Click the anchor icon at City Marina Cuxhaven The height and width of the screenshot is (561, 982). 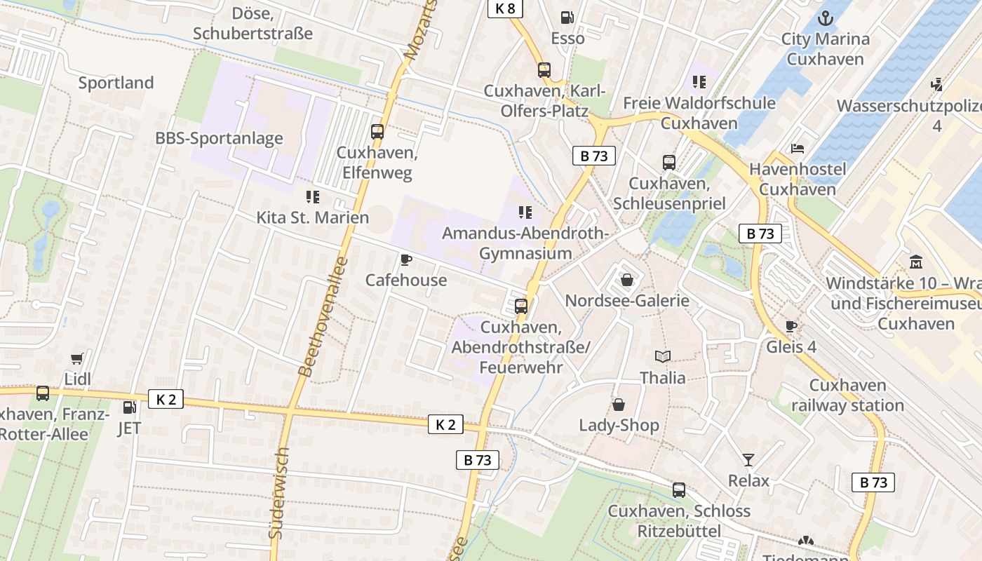[826, 18]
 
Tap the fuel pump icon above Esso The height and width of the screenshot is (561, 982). [567, 18]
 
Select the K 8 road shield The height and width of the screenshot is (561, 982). [505, 8]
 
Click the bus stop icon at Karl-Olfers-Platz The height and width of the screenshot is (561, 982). [544, 69]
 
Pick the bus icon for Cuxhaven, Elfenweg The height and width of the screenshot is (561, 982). [377, 131]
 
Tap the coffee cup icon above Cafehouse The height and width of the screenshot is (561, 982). [405, 260]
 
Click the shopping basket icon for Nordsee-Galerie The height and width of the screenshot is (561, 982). [626, 280]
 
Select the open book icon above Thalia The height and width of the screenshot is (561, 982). [662, 356]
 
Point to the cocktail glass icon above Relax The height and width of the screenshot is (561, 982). [748, 460]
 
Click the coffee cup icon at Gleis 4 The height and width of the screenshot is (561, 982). [791, 326]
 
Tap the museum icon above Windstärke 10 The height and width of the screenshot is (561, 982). [915, 263]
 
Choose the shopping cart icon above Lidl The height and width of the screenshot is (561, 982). [77, 358]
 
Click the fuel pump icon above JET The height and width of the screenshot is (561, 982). [129, 407]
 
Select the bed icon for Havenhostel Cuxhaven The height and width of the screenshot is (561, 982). [798, 148]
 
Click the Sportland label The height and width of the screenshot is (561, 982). [116, 83]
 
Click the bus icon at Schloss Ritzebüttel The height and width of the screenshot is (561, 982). [678, 490]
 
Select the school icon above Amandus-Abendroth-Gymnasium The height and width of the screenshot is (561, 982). [525, 212]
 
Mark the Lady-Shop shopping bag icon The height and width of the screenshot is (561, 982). [619, 405]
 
